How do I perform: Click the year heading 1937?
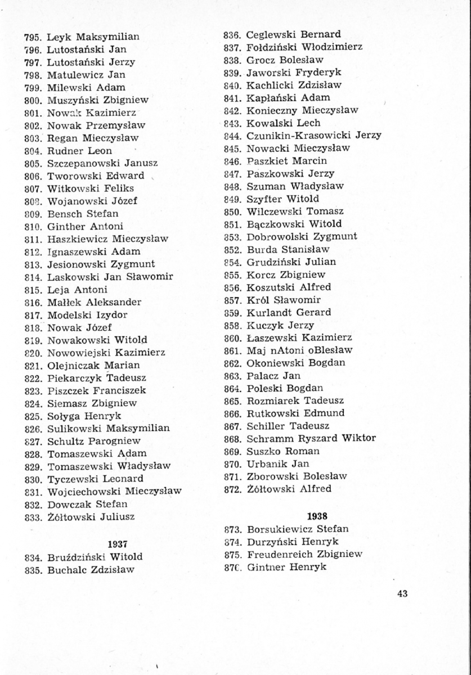[x=117, y=544]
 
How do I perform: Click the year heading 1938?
[x=318, y=516]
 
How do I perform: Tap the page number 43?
[x=402, y=593]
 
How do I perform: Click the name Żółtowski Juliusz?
[x=91, y=516]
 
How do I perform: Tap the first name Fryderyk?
[x=320, y=73]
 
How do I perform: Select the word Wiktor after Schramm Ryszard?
[x=358, y=438]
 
